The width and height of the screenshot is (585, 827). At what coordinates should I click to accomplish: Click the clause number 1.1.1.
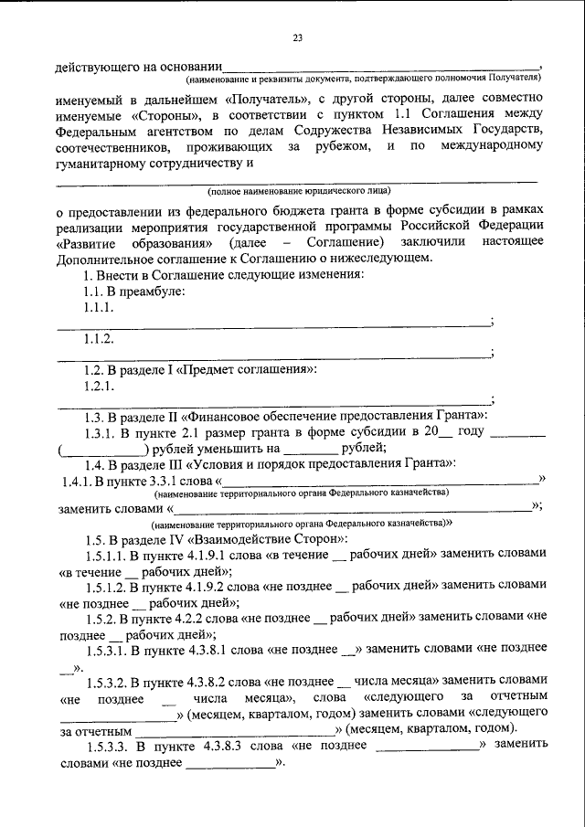pyautogui.click(x=100, y=308)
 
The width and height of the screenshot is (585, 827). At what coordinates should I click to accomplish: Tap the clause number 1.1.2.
pyautogui.click(x=100, y=340)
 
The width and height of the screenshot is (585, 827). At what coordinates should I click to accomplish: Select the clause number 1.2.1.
pyautogui.click(x=100, y=387)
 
